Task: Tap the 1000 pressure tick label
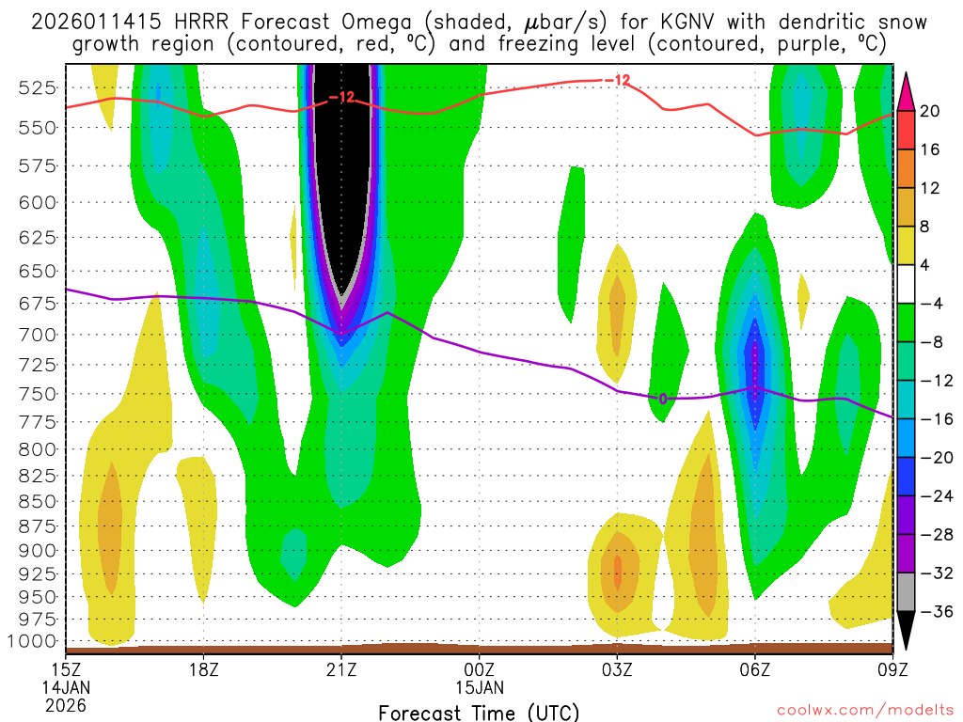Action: pyautogui.click(x=34, y=641)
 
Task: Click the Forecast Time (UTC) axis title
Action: pyautogui.click(x=479, y=712)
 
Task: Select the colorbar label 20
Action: pyautogui.click(x=930, y=111)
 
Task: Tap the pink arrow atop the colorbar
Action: pyautogui.click(x=907, y=90)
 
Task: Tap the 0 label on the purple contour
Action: pyautogui.click(x=663, y=399)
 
